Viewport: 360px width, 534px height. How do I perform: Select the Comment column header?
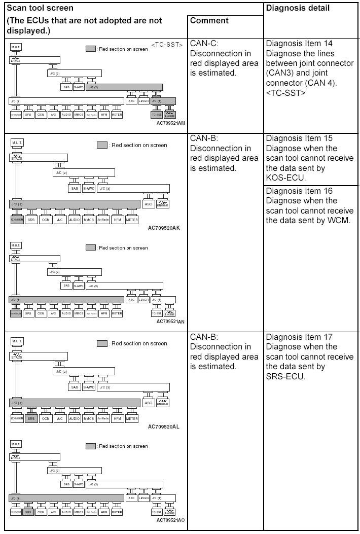pyautogui.click(x=209, y=21)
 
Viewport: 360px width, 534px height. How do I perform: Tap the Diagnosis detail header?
pyautogui.click(x=298, y=8)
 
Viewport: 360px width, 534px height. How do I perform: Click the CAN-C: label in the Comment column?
pyautogui.click(x=204, y=44)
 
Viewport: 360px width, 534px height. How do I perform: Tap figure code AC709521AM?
pyautogui.click(x=170, y=123)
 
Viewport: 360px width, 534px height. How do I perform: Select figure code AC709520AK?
pyautogui.click(x=164, y=228)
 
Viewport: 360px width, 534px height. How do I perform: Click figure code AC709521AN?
pyautogui.click(x=170, y=321)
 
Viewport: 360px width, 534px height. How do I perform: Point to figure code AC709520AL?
pyautogui.click(x=164, y=426)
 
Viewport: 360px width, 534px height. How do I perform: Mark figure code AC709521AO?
pyautogui.click(x=170, y=520)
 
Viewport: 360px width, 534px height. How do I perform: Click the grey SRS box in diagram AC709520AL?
pyautogui.click(x=31, y=418)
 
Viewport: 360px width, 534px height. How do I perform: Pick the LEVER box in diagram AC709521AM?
pyautogui.click(x=144, y=100)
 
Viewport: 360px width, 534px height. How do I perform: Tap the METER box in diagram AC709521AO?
pyautogui.click(x=117, y=512)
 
